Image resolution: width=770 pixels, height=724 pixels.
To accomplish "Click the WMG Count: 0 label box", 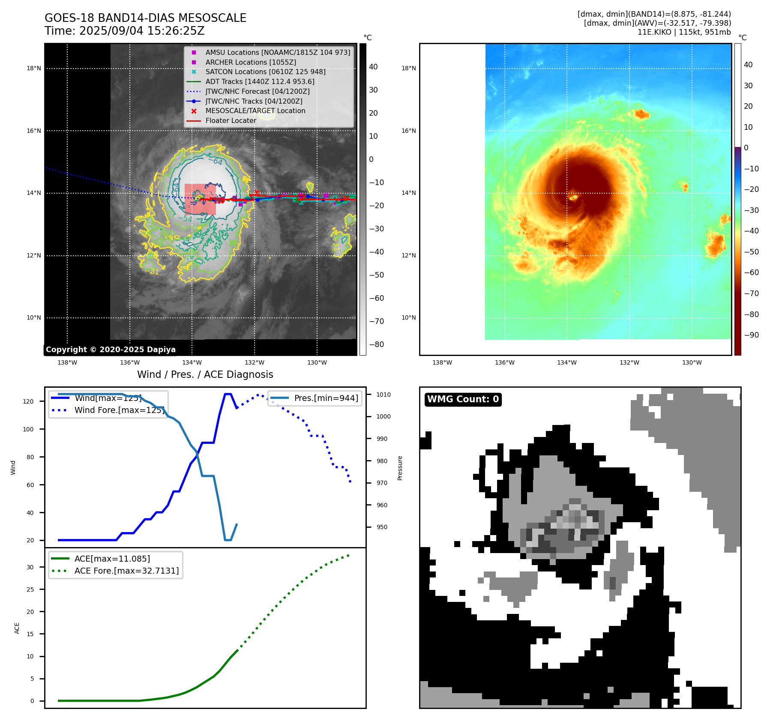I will [463, 399].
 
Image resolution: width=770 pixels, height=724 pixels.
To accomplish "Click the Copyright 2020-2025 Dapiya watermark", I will [111, 350].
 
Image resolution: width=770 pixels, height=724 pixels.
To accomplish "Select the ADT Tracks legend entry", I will [260, 81].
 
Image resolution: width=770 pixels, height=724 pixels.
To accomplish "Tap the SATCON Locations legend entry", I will [265, 72].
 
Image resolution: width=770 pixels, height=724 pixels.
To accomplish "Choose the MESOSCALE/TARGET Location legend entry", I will [255, 111].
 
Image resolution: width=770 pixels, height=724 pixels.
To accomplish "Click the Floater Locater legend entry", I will [231, 120].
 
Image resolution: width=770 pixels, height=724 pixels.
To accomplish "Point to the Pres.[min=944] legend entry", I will [326, 398].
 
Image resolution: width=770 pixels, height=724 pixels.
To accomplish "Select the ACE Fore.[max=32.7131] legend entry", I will [126, 571].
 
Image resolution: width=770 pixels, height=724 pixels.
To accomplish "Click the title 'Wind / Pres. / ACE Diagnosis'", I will [205, 374].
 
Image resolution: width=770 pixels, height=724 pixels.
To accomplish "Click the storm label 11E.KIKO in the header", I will [654, 32].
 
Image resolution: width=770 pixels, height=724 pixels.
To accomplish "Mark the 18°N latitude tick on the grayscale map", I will [34, 68].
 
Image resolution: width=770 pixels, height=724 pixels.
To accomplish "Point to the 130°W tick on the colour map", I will [692, 362].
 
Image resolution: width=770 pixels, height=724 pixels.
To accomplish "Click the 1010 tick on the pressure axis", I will [384, 395].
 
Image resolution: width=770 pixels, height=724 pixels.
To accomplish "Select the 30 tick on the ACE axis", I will [30, 567].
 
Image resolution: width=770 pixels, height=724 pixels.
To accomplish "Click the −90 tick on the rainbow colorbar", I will [751, 335].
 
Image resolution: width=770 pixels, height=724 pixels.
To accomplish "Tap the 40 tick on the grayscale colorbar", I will [373, 67].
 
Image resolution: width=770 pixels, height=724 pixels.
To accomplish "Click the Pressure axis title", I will [400, 468].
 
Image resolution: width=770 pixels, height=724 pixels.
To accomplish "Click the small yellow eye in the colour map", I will [573, 197].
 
